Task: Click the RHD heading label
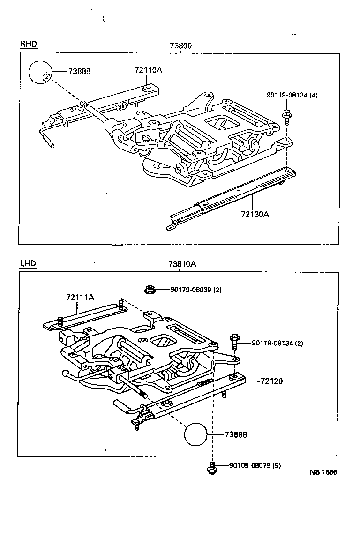28,45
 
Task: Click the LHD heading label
28,263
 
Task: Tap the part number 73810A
182,264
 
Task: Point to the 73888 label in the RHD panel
79,71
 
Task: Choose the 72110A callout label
148,70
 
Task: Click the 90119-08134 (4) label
292,95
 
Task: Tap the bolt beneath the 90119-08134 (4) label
285,115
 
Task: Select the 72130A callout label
255,214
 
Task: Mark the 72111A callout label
80,297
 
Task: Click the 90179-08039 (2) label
195,290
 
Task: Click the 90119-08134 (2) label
277,343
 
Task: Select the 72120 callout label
271,381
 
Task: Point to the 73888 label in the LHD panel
236,435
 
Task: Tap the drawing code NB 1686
322,472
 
